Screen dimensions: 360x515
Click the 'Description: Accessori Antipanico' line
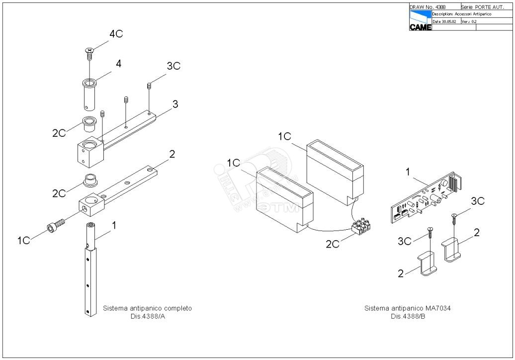click(x=462, y=14)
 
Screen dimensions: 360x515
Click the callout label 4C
click(x=116, y=34)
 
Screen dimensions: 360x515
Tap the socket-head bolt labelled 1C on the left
click(x=55, y=226)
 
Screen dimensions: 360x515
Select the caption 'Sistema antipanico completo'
click(x=147, y=308)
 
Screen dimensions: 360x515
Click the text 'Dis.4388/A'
click(x=147, y=316)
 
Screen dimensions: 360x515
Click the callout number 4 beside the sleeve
click(x=119, y=64)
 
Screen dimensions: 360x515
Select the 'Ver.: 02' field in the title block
click(x=469, y=22)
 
